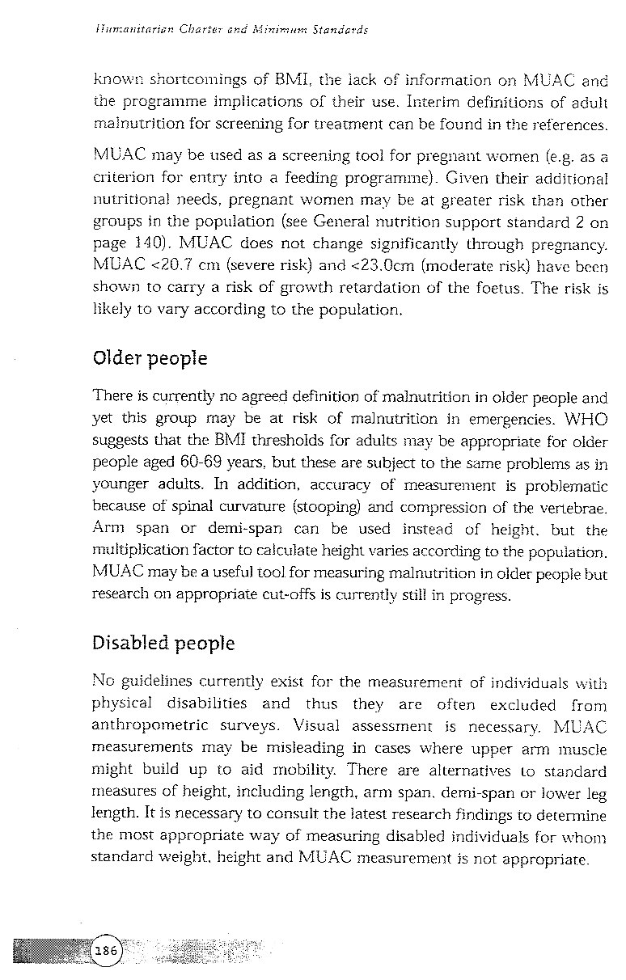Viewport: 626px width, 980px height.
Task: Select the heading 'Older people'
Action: [150, 357]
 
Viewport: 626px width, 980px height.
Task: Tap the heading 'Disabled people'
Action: [163, 644]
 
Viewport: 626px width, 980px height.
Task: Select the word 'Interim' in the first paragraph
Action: [438, 103]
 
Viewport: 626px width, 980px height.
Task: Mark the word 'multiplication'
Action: [142, 551]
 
